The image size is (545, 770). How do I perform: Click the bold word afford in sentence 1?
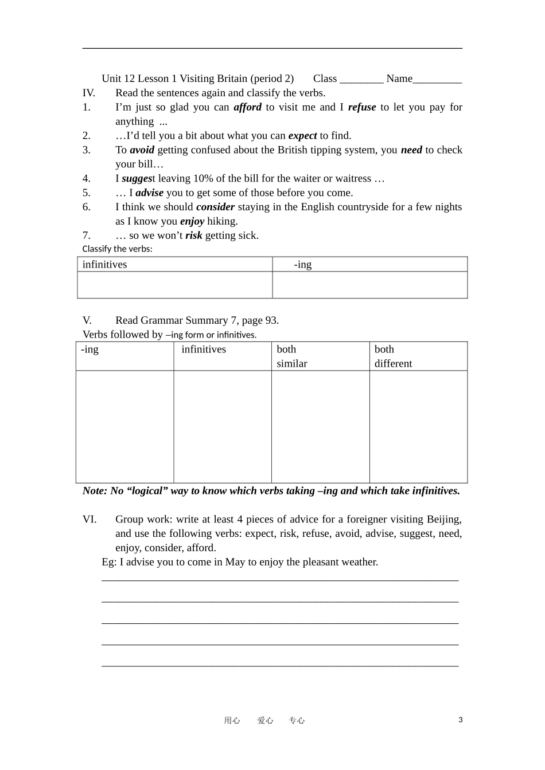click(247, 107)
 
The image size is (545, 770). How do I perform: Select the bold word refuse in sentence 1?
click(361, 107)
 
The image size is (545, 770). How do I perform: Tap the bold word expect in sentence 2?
click(302, 136)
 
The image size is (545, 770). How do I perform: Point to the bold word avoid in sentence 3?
click(142, 150)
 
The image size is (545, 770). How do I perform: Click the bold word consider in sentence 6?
click(215, 207)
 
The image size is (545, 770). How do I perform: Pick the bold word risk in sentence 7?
click(193, 235)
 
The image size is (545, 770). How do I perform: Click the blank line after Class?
click(361, 79)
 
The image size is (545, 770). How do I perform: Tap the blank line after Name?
click(437, 79)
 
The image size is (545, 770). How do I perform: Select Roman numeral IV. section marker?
click(89, 93)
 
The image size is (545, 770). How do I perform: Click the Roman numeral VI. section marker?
click(89, 519)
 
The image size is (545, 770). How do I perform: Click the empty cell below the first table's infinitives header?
click(174, 285)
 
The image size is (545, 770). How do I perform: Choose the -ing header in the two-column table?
click(303, 265)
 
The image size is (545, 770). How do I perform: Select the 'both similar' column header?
click(292, 356)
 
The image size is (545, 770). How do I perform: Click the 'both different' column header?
click(393, 356)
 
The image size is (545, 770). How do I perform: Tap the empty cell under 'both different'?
click(418, 427)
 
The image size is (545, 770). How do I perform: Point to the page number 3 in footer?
click(460, 720)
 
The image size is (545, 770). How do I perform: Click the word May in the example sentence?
click(235, 562)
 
